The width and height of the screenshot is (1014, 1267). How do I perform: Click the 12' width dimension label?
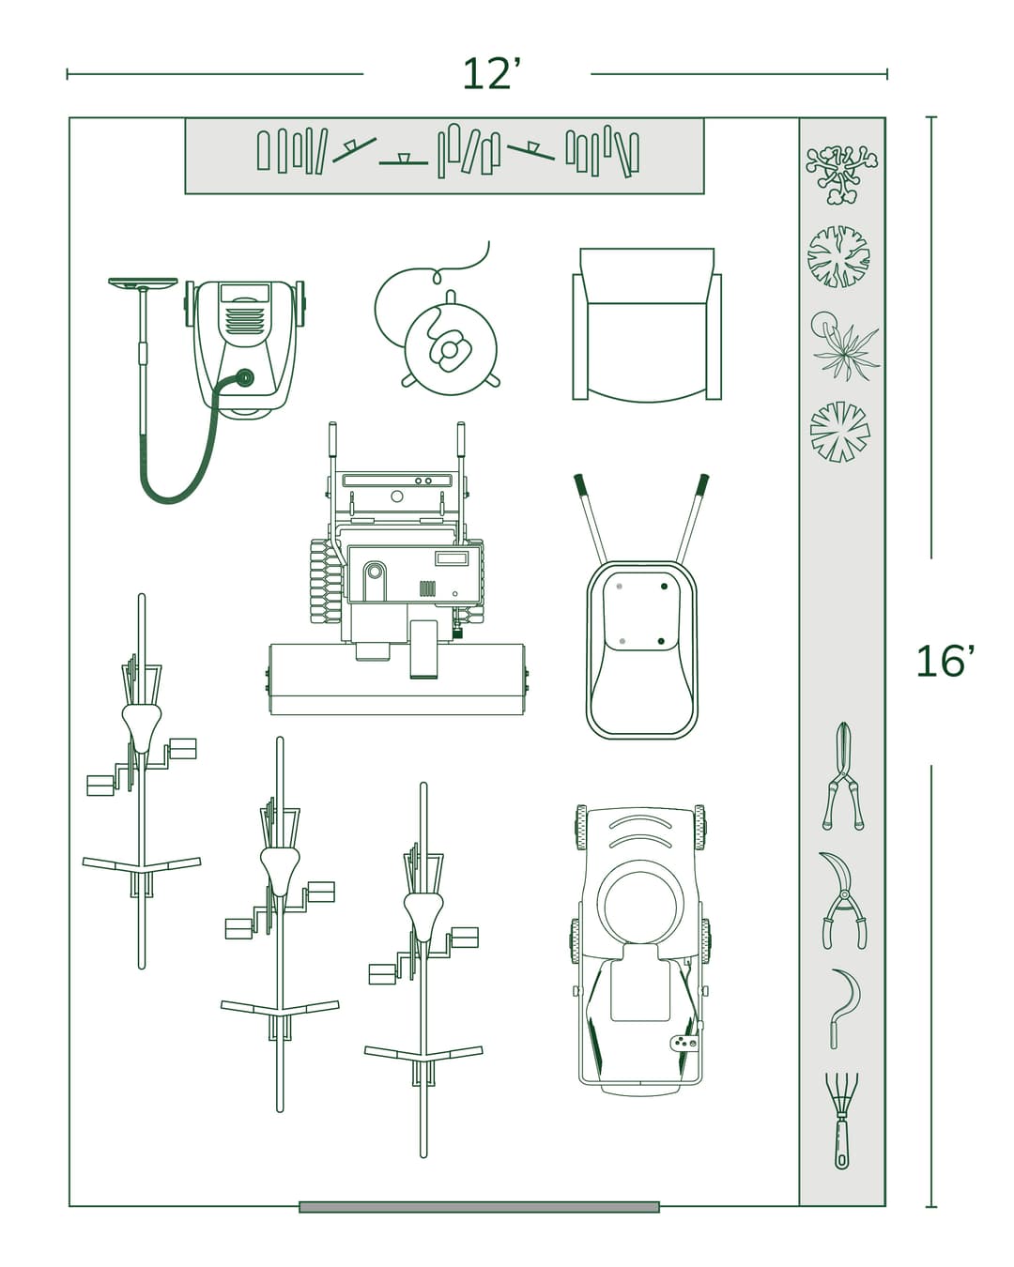pos(490,75)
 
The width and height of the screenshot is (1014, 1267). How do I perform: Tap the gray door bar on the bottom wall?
pos(479,1207)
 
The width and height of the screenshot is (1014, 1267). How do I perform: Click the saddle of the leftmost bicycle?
pos(142,725)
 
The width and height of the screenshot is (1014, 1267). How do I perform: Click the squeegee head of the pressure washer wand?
pos(143,282)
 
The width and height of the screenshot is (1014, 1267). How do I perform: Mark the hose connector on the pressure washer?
pos(245,378)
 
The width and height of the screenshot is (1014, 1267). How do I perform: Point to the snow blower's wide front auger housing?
pos(396,679)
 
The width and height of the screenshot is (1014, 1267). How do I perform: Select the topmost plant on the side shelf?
pos(841,173)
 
